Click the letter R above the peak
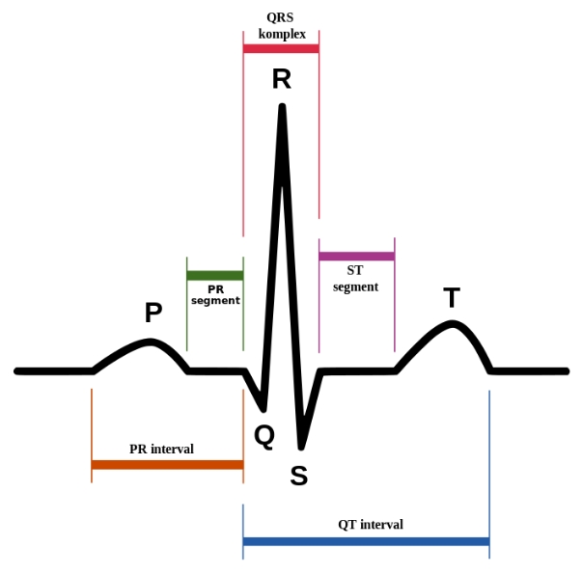point(281,78)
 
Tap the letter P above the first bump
point(152,313)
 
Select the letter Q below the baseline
point(264,436)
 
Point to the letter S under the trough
point(299,475)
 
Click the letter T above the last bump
point(451,298)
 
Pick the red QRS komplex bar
point(281,47)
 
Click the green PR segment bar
point(215,276)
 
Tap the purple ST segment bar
point(356,256)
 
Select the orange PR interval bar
point(167,465)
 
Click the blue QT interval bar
point(366,542)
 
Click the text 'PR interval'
point(161,449)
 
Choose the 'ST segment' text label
point(355,279)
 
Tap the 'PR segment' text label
point(215,294)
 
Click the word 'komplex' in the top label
point(282,34)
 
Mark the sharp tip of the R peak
point(282,106)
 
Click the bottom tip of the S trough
point(301,446)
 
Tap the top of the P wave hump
point(150,342)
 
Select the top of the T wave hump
point(452,322)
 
